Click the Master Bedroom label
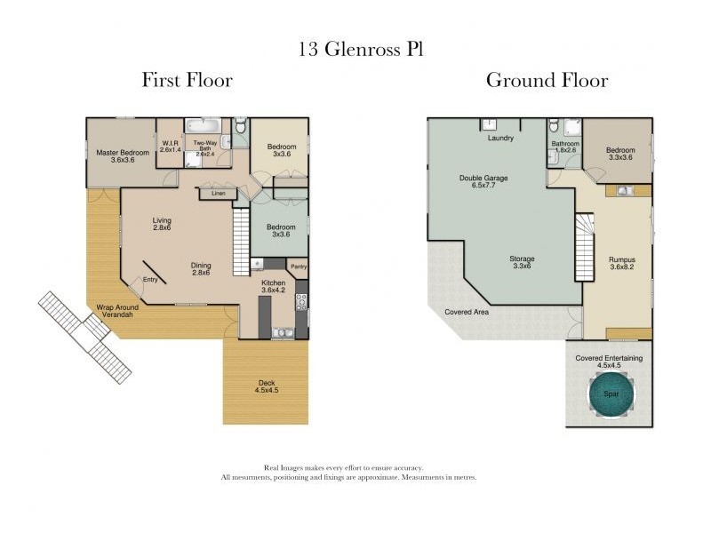coord(123,156)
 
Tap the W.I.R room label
coord(171,146)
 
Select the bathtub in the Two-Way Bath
coord(203,125)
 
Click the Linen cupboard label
coord(219,193)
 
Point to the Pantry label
coord(299,266)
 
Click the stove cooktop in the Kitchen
coord(301,302)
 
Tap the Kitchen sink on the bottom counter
coord(283,332)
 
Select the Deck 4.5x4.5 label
coord(267,386)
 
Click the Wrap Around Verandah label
coord(117,310)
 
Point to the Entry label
coord(150,280)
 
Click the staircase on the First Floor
coord(241,242)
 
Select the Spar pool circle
coord(611,394)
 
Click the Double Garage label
coord(483,181)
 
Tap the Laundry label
coord(500,138)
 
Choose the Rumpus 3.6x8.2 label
coord(621,263)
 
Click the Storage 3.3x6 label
coord(522,262)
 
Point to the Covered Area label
coord(467,312)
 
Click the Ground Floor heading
coord(547,80)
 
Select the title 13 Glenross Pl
coord(361,49)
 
